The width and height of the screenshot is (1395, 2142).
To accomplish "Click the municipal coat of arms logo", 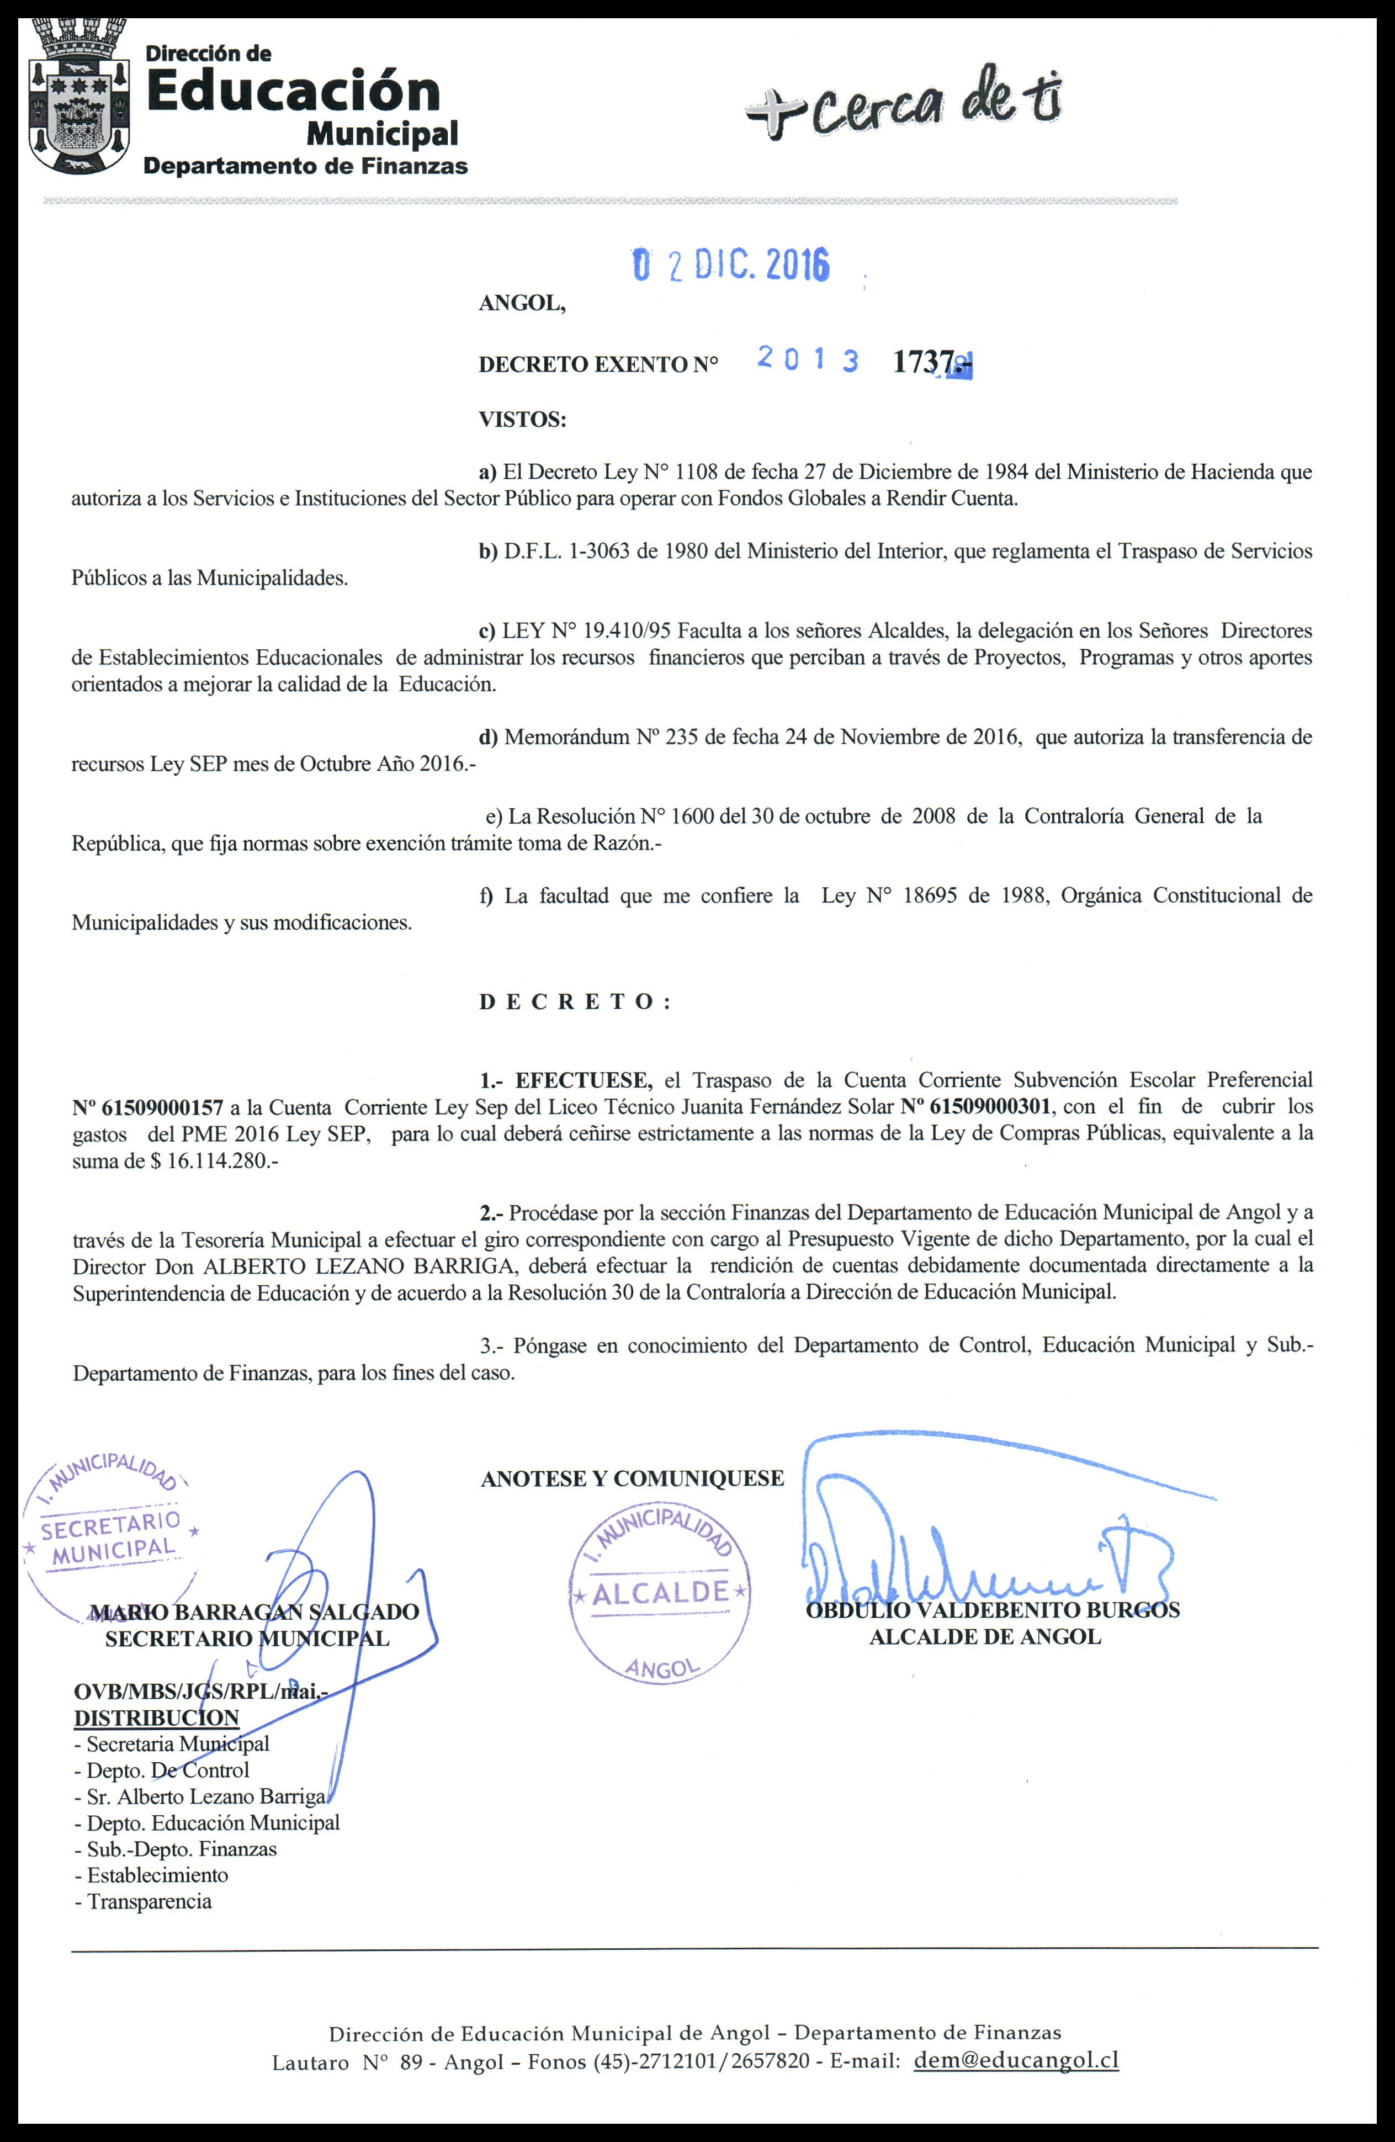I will coord(78,99).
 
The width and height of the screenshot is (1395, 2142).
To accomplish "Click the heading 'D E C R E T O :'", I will coord(574,1001).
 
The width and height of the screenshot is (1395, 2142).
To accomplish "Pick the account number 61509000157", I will coord(147,1106).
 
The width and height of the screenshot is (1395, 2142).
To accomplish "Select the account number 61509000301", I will coord(975,1106).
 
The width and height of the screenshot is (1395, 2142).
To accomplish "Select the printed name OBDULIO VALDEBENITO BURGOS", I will coord(992,1610).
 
